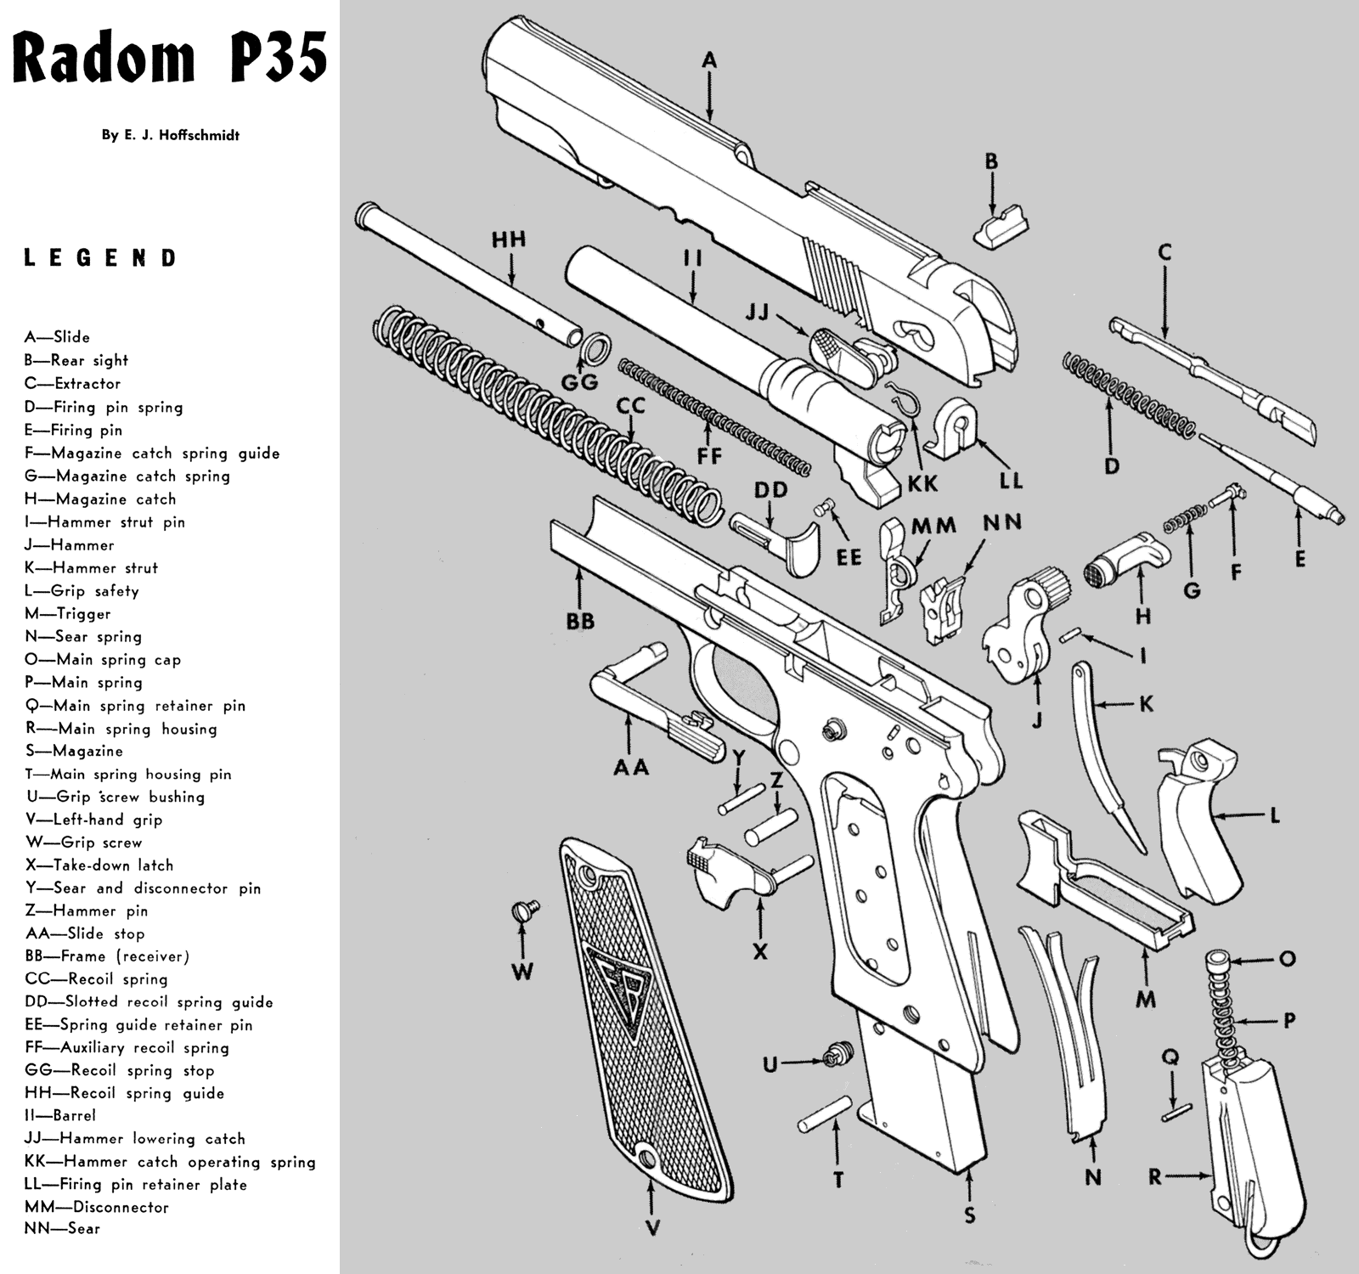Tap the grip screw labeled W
523,911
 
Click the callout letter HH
509,240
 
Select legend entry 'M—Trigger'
68,613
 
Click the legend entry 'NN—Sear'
63,1228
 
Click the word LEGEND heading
99,258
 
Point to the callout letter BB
581,622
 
